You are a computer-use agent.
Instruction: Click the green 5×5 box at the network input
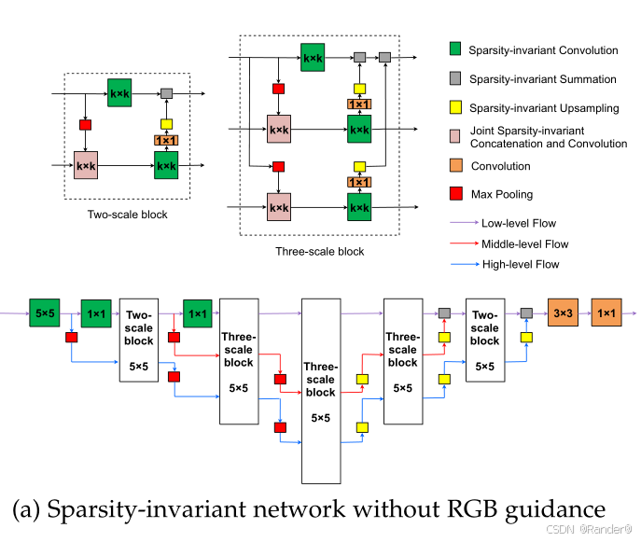[x=44, y=312]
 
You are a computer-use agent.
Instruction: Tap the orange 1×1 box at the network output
[x=606, y=312]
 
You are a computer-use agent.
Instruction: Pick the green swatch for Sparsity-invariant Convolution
[x=455, y=49]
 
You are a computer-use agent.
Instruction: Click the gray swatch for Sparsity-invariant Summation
[x=455, y=79]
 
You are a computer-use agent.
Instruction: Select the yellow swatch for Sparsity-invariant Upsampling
[x=455, y=108]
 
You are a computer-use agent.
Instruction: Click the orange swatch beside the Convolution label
[x=455, y=167]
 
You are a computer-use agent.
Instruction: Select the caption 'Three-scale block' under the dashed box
[x=320, y=252]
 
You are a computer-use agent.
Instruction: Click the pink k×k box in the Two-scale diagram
[x=87, y=165]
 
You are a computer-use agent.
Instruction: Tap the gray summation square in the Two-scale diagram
[x=167, y=94]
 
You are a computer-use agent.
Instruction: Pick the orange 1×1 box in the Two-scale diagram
[x=166, y=140]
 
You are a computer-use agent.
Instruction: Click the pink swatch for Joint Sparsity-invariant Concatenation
[x=455, y=137]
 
